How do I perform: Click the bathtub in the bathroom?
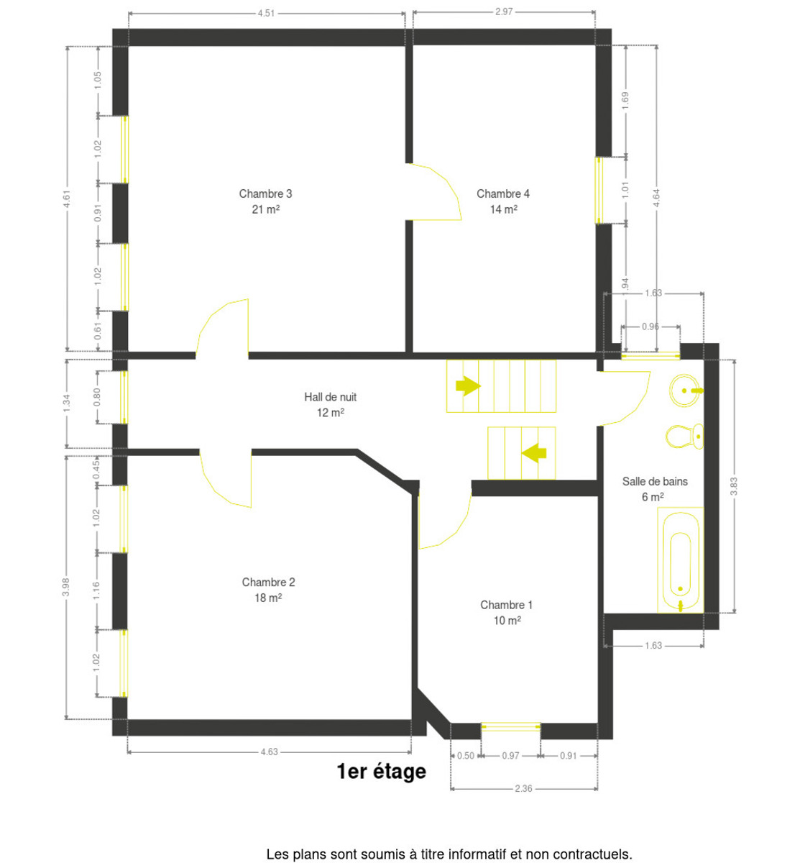pos(680,560)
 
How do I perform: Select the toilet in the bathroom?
pos(684,436)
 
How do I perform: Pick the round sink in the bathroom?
pos(685,391)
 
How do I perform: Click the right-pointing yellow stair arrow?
pos(468,385)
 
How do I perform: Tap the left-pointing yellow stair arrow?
pos(533,453)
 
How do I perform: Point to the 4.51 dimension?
pos(266,13)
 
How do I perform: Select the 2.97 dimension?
pos(504,12)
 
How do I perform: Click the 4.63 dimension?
pos(270,752)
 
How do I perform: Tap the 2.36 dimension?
pos(523,788)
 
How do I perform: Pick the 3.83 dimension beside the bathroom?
pos(734,486)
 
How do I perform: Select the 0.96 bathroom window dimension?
pos(650,327)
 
